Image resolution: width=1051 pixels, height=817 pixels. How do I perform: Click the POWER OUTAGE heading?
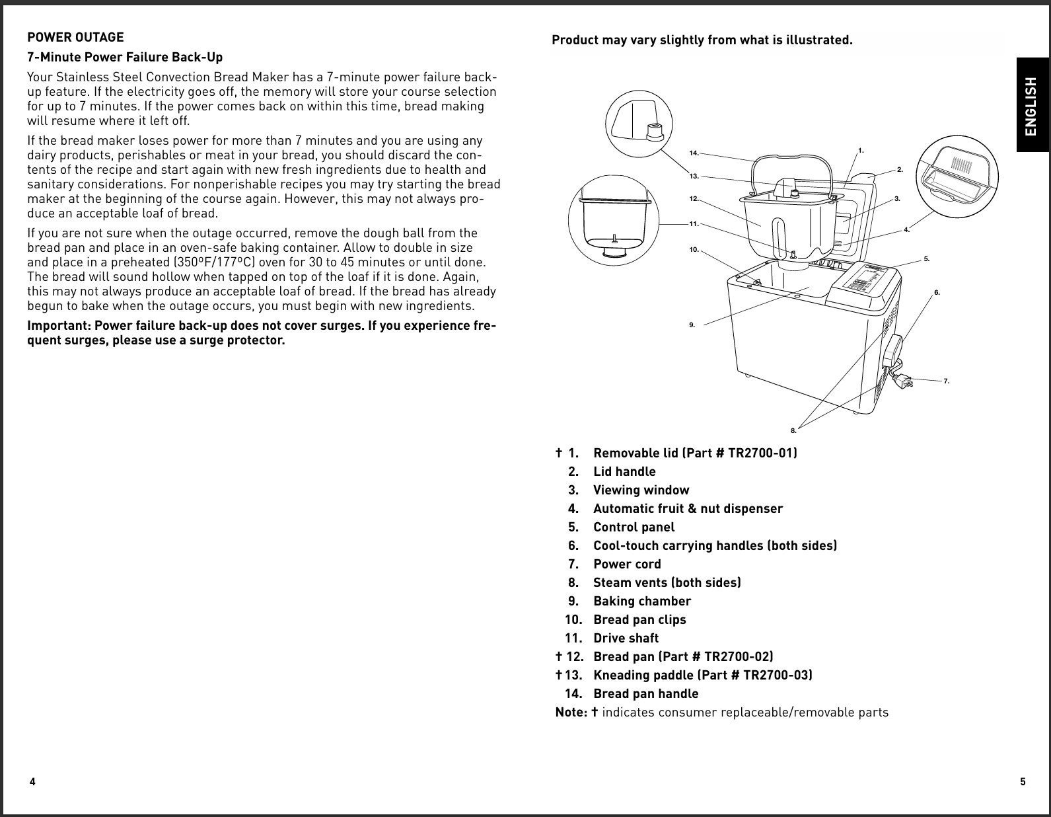tap(75, 37)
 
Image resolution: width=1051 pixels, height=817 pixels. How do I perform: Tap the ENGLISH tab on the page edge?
tap(1032, 106)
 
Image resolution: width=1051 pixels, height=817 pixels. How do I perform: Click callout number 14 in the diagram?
tap(694, 153)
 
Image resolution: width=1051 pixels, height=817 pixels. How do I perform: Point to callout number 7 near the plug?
tap(947, 381)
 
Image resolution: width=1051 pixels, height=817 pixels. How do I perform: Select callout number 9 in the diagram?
tap(692, 325)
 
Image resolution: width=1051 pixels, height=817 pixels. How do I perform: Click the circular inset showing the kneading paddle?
tap(638, 124)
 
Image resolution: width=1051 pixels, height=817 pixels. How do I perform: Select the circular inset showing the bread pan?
tap(614, 221)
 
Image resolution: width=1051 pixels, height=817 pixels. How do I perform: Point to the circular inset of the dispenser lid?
tap(957, 176)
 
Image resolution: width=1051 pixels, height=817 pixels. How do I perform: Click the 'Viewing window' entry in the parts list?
tap(641, 490)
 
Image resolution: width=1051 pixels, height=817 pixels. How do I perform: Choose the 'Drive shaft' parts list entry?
tap(626, 638)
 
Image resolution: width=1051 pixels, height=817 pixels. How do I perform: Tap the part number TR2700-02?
tap(738, 656)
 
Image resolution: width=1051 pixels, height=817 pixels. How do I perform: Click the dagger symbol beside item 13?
tap(559, 675)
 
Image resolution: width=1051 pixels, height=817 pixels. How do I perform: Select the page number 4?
tap(32, 782)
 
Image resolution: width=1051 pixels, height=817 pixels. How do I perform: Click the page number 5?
tap(1023, 782)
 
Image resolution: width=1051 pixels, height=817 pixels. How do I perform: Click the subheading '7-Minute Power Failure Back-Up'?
tap(125, 57)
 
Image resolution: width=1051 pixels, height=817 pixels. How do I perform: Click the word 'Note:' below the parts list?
tap(571, 712)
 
